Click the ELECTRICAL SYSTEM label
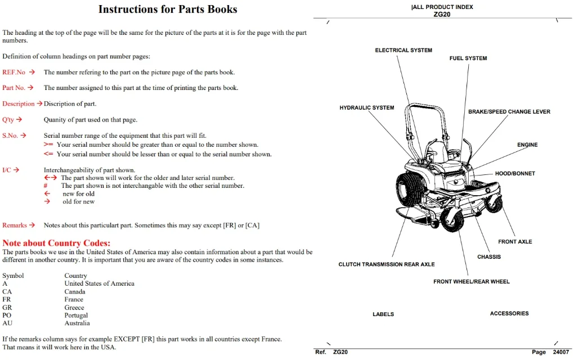(x=403, y=50)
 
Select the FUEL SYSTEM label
(x=468, y=58)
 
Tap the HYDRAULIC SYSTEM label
(x=367, y=107)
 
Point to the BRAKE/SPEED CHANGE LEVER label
(x=509, y=111)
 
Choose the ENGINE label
(x=527, y=145)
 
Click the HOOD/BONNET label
(x=515, y=173)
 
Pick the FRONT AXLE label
(x=515, y=241)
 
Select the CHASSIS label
(x=488, y=257)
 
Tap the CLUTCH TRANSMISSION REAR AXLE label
(x=387, y=264)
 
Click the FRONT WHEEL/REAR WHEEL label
(x=472, y=281)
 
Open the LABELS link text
(x=383, y=314)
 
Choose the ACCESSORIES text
(x=509, y=313)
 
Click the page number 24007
(x=561, y=352)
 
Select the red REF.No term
(x=14, y=72)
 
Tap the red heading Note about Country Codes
(x=56, y=243)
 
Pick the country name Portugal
(x=76, y=316)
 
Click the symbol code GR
(x=7, y=308)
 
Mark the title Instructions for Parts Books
(x=168, y=9)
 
